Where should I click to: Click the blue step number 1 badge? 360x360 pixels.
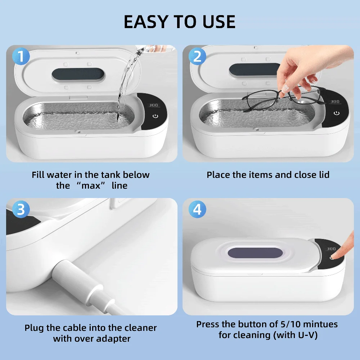21,57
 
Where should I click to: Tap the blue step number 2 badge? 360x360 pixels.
197,57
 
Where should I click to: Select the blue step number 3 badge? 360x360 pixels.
21,210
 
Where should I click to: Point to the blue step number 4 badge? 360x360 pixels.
197,210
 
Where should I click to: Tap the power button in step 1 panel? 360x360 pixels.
155,116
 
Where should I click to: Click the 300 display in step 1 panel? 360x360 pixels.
154,105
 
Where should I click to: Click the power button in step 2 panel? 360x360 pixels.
336,113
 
